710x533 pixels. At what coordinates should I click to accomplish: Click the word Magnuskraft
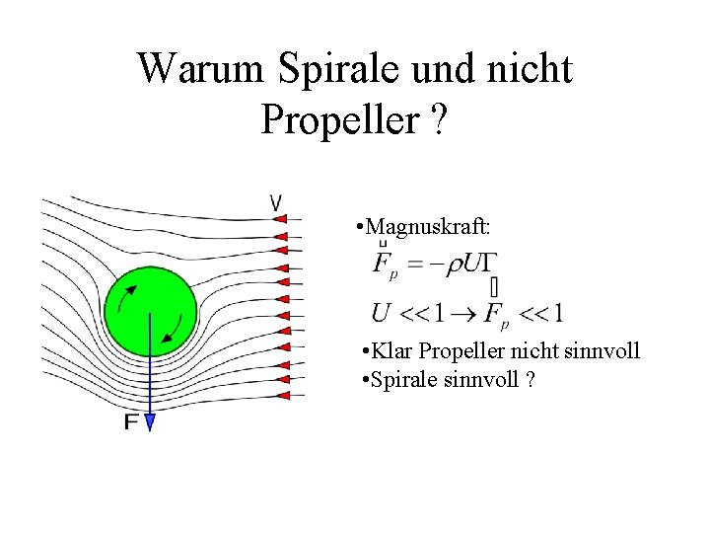429,227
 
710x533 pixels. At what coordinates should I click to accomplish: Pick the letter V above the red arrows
276,202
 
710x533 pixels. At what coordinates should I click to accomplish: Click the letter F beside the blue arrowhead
131,422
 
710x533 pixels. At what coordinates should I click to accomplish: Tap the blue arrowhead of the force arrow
150,421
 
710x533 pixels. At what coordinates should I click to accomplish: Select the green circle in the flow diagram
150,311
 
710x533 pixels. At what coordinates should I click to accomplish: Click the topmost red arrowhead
280,219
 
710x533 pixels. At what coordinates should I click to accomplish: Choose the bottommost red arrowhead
280,396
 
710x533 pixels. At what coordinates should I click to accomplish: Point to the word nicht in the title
534,68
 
